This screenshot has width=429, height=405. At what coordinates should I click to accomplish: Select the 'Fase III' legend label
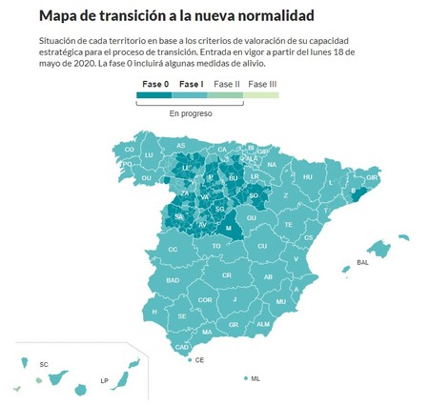coord(262,85)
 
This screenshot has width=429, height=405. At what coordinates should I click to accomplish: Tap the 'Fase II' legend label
coord(226,85)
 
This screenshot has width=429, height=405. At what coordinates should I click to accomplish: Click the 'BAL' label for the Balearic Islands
coord(362,262)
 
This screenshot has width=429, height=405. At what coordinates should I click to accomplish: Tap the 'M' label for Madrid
coord(228,228)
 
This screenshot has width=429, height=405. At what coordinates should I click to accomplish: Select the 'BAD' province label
coord(173,280)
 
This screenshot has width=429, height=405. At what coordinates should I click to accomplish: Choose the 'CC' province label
coord(173,250)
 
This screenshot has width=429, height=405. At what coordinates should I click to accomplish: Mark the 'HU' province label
coord(307,176)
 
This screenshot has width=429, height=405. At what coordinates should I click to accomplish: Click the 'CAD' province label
coord(181,347)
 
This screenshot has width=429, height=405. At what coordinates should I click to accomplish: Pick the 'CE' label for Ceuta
coord(199,360)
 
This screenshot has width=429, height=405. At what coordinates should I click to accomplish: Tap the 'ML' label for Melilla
coord(255,378)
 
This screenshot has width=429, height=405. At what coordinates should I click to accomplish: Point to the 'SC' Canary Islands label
coord(44,364)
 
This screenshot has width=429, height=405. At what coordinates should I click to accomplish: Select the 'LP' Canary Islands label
coord(105,380)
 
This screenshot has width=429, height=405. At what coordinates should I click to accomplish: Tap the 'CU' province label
coord(261,245)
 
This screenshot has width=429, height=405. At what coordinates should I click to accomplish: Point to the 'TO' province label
coord(216,245)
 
